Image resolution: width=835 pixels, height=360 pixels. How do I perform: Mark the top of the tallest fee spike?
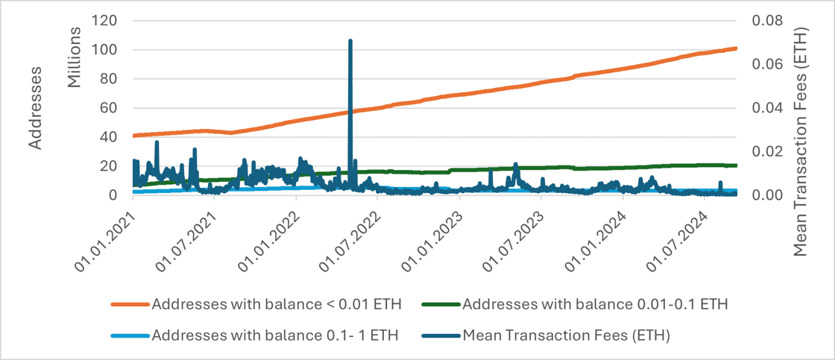click(350, 41)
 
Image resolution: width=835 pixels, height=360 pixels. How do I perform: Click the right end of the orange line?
click(736, 48)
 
